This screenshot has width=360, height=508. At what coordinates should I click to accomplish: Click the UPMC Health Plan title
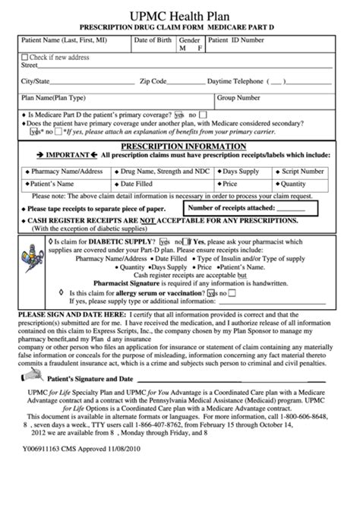(180, 13)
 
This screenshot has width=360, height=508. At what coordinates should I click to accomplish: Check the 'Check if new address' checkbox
(26, 58)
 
